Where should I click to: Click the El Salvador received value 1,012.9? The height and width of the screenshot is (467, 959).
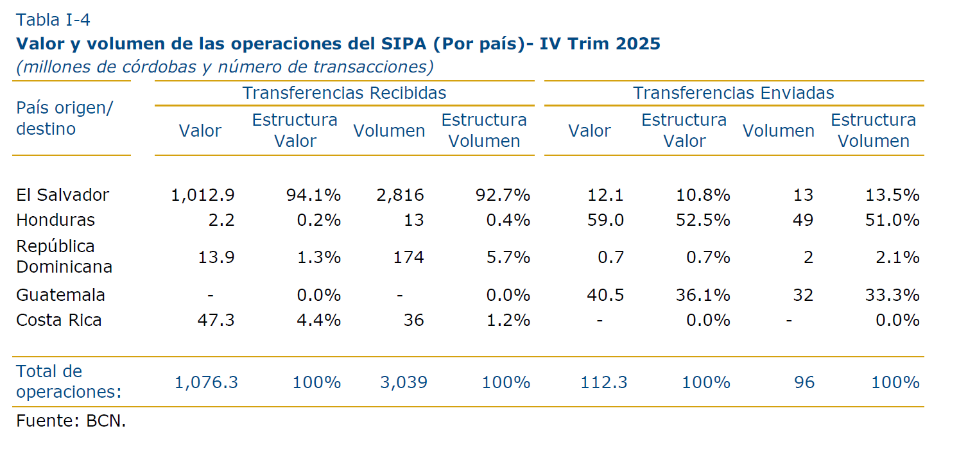click(x=203, y=195)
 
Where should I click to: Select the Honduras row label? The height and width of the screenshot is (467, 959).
click(x=55, y=220)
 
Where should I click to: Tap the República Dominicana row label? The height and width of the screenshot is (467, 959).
click(x=64, y=257)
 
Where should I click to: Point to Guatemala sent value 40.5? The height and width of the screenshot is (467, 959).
click(x=605, y=295)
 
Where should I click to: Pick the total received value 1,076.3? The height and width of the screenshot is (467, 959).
click(x=206, y=383)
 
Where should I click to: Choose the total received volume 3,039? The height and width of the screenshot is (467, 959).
click(x=403, y=383)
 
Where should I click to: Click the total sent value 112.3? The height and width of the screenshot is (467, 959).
click(x=604, y=383)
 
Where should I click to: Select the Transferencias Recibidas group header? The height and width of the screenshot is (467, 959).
click(x=344, y=93)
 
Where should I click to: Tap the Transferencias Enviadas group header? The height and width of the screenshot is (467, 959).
click(x=734, y=93)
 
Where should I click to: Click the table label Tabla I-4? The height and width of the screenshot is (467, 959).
click(x=53, y=20)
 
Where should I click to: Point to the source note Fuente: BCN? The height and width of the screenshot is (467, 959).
click(x=71, y=421)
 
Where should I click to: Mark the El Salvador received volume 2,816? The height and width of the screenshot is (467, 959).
click(x=401, y=195)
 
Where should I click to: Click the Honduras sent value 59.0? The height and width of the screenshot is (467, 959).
click(x=605, y=220)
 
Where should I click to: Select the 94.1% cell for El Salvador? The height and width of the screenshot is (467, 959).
click(x=313, y=195)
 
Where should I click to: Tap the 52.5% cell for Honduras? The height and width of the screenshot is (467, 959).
click(x=703, y=220)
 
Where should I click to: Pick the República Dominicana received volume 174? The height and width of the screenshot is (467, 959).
click(x=408, y=258)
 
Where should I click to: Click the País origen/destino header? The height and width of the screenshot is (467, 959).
click(x=64, y=118)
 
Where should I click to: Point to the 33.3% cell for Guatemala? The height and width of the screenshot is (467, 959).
click(x=892, y=295)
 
